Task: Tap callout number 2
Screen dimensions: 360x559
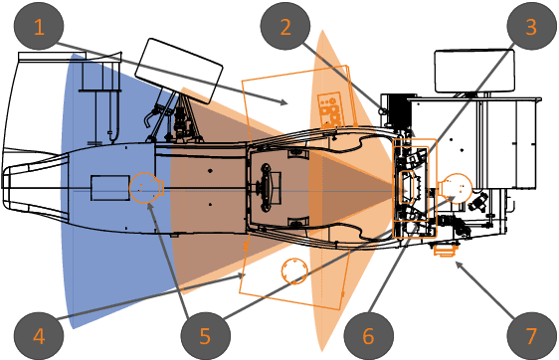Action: click(284, 28)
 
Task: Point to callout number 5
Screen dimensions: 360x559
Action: click(204, 334)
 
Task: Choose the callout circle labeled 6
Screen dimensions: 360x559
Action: click(367, 334)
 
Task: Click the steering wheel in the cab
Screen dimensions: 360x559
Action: click(270, 185)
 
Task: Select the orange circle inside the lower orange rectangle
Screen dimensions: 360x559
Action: click(294, 270)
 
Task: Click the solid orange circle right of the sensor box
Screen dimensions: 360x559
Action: click(457, 187)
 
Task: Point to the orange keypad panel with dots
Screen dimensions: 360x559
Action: click(329, 107)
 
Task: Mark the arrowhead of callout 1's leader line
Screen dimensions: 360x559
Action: click(288, 103)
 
